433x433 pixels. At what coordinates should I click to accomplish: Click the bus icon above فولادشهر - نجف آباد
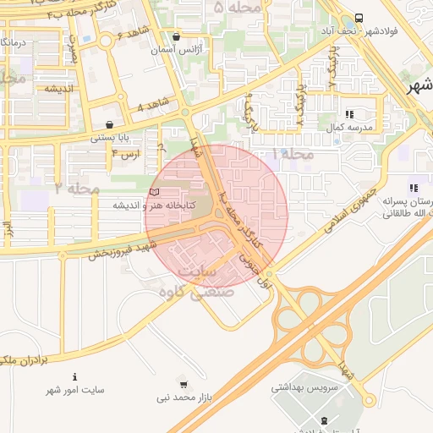(359, 18)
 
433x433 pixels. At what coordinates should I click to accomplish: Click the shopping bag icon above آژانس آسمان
(176, 37)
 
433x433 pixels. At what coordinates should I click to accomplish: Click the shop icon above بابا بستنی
(110, 124)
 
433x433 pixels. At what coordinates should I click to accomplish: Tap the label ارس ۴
(124, 154)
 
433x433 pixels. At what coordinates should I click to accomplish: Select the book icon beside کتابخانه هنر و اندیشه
(153, 192)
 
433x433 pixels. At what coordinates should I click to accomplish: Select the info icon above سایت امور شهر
(75, 376)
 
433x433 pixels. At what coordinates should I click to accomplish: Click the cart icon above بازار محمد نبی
(185, 383)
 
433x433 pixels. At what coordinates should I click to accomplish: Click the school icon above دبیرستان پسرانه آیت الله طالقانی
(412, 188)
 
